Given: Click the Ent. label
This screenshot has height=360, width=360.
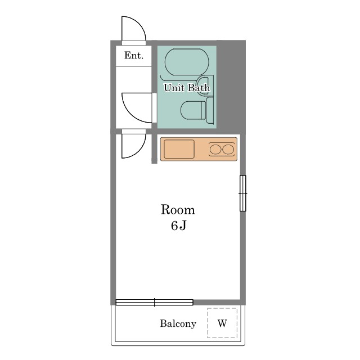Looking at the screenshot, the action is coord(134,55).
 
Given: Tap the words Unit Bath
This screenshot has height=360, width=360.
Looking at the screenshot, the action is coord(187,88).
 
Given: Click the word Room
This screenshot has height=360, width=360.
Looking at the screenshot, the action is coord(178,210).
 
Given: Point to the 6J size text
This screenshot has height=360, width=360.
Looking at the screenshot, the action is coord(178,226).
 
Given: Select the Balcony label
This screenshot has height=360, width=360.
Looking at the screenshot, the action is coord(178,324).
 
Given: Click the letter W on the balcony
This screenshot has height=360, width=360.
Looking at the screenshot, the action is coord(222,323).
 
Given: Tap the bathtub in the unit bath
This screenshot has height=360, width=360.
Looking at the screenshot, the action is coord(187,62).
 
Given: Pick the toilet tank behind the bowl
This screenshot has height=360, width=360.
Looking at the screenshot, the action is coord(210,110).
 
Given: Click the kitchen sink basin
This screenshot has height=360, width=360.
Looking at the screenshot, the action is coord(179,149).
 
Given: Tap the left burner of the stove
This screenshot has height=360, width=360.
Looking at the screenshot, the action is coord(215,150).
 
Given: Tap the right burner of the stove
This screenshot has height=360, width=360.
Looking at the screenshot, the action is coord(228,150).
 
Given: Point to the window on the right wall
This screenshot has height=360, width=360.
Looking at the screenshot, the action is coord(243,193).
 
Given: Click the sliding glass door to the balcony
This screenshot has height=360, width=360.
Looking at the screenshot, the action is coord(154,303).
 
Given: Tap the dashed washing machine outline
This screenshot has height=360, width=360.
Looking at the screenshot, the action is coord(222,308).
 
